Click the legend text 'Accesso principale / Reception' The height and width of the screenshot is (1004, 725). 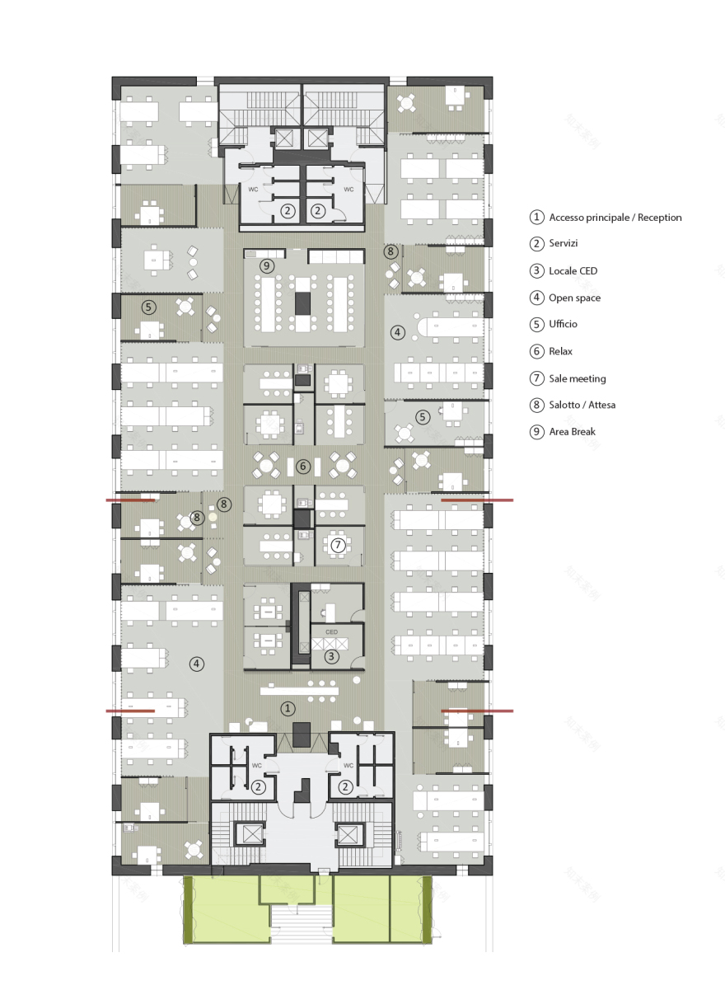coord(615,218)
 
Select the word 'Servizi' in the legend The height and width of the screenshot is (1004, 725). coord(564,243)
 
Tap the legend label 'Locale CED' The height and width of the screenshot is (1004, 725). coord(573,270)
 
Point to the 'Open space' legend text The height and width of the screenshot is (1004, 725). coord(574,298)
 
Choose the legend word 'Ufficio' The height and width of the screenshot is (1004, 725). coord(564,324)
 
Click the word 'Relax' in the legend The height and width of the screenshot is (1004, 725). coord(560,351)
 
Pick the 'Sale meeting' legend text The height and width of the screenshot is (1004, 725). coord(578,378)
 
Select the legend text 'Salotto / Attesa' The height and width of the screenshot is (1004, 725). coord(582,405)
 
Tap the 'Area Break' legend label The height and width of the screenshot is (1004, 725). coord(573,432)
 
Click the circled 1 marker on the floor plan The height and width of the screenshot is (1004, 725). coord(288,709)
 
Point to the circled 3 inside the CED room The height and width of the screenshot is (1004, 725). coord(331,657)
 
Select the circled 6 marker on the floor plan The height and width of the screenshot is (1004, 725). coord(303,467)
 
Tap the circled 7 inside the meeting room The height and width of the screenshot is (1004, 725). coord(338,545)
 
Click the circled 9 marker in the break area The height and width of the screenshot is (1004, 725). coord(267,265)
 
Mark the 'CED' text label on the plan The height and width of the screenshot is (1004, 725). coord(331,632)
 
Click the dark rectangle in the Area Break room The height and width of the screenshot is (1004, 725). coord(302,303)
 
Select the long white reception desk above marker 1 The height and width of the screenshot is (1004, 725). coord(299,691)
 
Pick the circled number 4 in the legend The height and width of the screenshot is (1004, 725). coord(537,298)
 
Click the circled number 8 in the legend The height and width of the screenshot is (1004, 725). coord(537,405)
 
